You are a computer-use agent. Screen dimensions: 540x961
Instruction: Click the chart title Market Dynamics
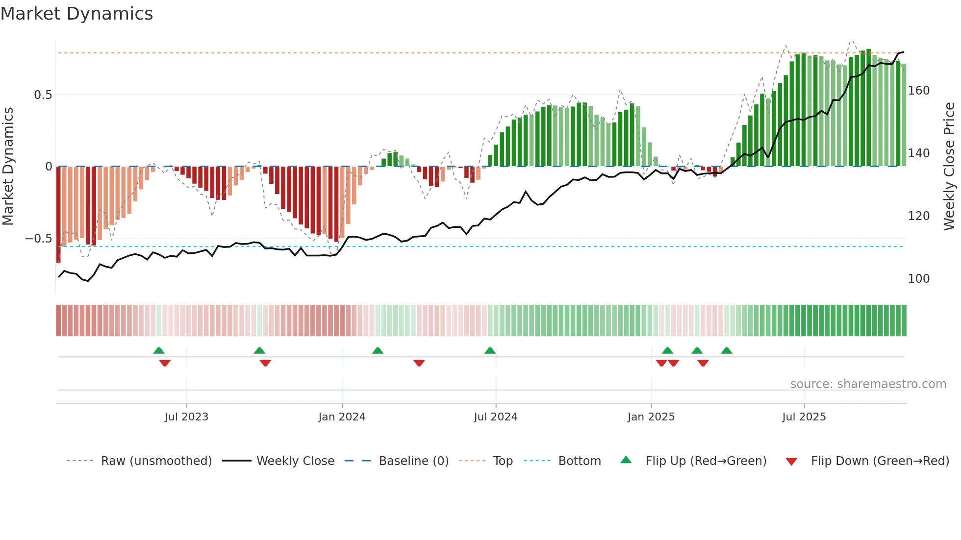pyautogui.click(x=76, y=14)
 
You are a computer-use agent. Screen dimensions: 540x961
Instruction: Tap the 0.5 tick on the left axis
pyautogui.click(x=43, y=95)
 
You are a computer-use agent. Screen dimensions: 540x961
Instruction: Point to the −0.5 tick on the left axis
pyautogui.click(x=39, y=239)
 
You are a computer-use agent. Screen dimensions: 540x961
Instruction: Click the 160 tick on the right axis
pyautogui.click(x=918, y=91)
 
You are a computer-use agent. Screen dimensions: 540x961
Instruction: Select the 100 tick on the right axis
pyautogui.click(x=918, y=279)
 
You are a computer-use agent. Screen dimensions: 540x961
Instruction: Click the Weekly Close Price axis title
pyautogui.click(x=949, y=167)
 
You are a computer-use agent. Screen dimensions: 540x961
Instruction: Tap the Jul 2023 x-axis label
pyautogui.click(x=186, y=417)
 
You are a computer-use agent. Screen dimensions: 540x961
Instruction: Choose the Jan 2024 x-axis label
pyautogui.click(x=342, y=417)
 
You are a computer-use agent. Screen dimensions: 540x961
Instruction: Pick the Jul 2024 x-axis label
pyautogui.click(x=495, y=417)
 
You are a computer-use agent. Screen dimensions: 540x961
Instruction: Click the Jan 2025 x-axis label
pyautogui.click(x=651, y=417)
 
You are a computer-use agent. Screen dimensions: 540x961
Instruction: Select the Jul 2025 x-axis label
pyautogui.click(x=804, y=417)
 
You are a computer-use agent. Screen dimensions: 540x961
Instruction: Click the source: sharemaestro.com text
pyautogui.click(x=868, y=384)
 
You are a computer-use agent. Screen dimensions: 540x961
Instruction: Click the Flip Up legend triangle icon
pyautogui.click(x=626, y=460)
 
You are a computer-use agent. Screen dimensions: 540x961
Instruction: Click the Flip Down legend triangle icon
pyautogui.click(x=791, y=462)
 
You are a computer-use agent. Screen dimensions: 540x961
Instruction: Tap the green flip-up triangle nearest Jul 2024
pyautogui.click(x=490, y=350)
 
